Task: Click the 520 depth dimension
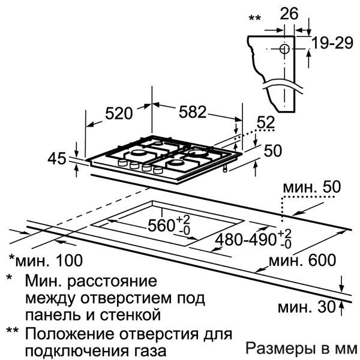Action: click(119, 113)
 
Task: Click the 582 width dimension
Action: click(193, 112)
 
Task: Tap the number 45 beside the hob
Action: click(57, 158)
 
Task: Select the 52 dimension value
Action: click(266, 122)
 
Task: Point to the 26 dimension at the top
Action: click(289, 14)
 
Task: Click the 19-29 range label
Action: click(332, 43)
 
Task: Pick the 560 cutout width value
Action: click(161, 225)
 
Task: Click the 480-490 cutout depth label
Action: click(245, 239)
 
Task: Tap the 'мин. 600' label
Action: click(302, 260)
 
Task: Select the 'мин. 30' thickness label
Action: click(307, 307)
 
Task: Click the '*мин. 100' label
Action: click(46, 260)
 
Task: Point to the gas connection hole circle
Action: click(284, 49)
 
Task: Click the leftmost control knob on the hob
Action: click(122, 163)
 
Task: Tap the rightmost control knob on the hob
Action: click(158, 170)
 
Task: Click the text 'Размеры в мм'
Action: click(301, 348)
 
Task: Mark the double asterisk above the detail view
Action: click(254, 17)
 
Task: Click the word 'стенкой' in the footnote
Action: click(130, 316)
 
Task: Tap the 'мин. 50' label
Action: click(312, 187)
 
